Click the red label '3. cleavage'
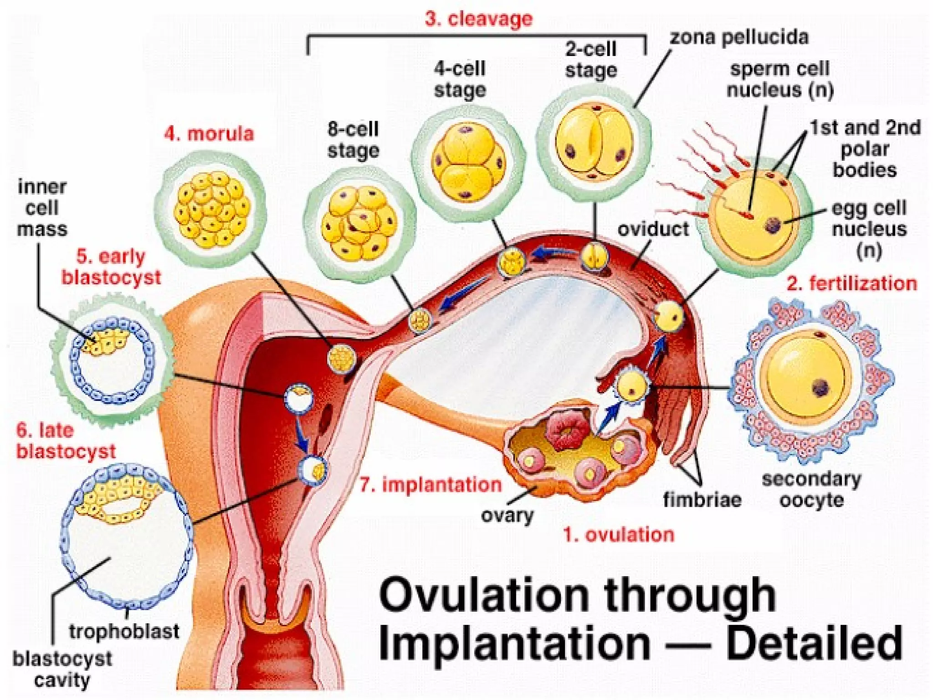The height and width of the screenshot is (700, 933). point(478,19)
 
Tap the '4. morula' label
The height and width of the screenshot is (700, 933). point(209,134)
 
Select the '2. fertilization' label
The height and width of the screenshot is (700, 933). point(851,283)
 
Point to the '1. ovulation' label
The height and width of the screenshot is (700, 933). point(619,535)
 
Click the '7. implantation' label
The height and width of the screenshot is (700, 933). point(431,484)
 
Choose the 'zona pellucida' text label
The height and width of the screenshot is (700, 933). point(739,37)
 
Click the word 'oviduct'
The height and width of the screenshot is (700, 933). point(653,229)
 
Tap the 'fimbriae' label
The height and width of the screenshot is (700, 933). point(702,500)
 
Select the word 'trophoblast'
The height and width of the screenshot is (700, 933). point(124,632)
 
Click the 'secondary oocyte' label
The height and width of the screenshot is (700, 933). point(811,490)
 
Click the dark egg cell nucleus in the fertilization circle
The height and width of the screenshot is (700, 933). point(773,224)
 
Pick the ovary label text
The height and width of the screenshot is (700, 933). point(507,515)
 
